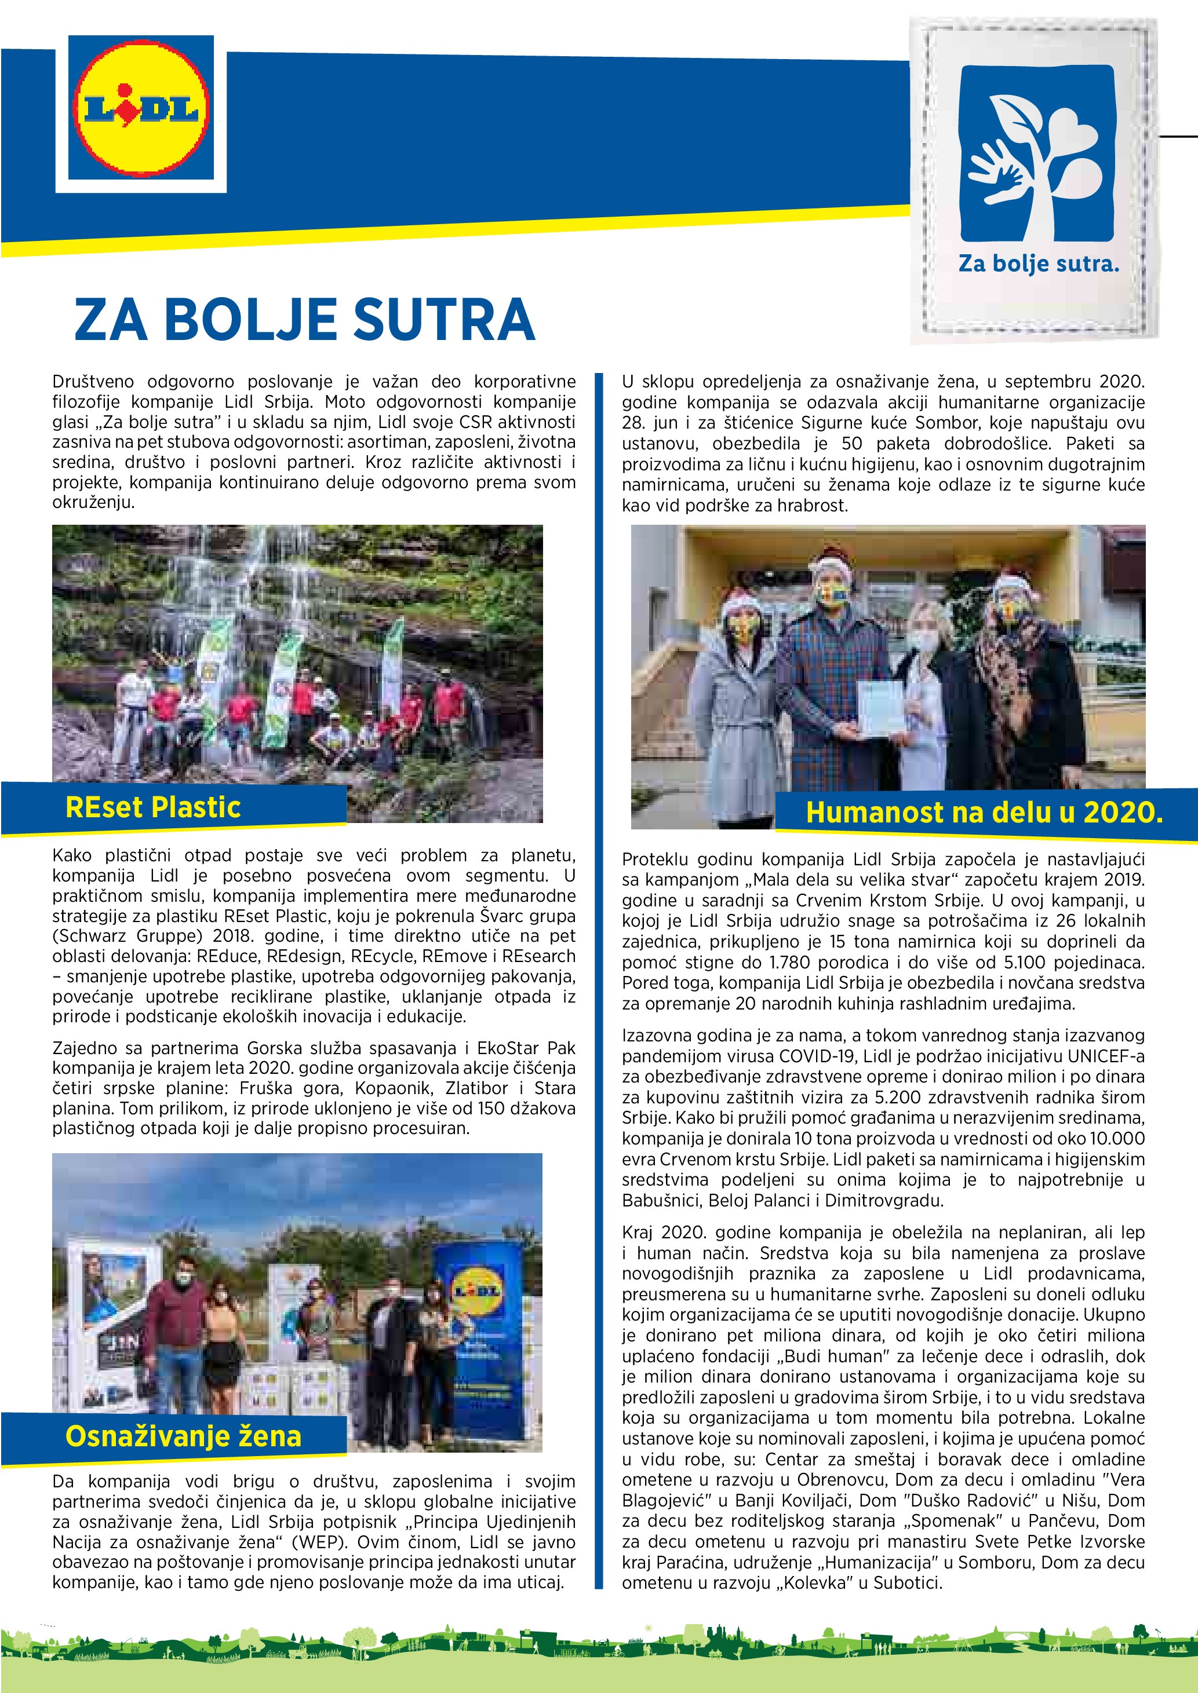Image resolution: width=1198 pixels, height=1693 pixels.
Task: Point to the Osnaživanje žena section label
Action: coord(183,1436)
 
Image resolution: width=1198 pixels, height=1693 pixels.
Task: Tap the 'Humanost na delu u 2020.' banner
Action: coord(984,812)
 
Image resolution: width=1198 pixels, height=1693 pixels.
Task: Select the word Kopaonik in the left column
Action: coord(389,1088)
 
